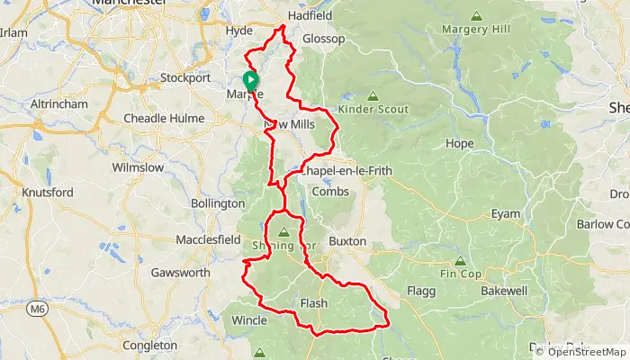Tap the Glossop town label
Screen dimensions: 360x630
click(x=324, y=39)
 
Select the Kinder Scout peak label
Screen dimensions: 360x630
click(x=373, y=109)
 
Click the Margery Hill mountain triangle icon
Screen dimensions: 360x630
click(x=476, y=16)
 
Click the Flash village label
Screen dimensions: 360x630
click(x=314, y=303)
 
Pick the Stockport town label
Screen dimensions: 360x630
click(x=184, y=77)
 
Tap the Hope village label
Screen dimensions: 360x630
click(x=459, y=143)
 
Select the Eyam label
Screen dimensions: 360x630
click(x=505, y=213)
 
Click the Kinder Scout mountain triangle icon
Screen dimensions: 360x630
click(x=373, y=95)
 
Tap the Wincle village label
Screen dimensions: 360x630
click(x=249, y=319)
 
